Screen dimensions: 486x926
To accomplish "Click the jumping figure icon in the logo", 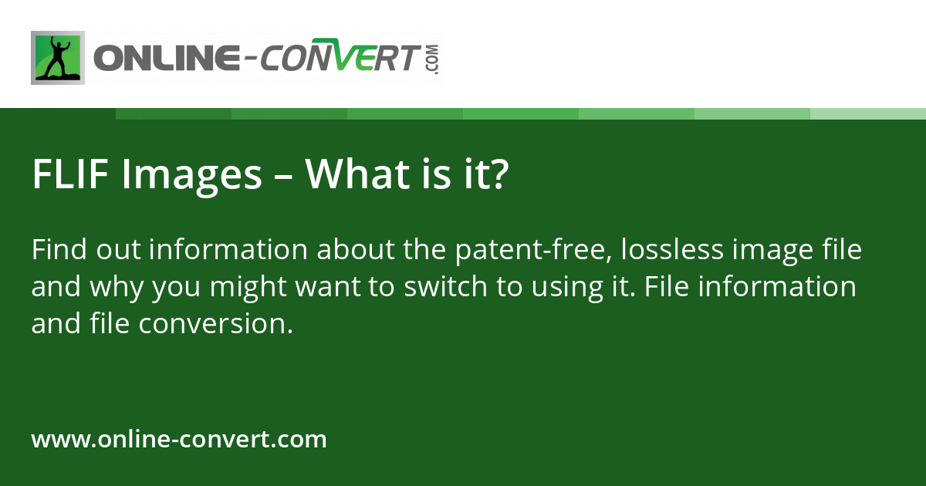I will (x=57, y=58).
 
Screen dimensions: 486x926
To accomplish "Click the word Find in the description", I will (x=59, y=251).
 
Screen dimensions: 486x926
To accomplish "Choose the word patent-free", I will (x=532, y=251).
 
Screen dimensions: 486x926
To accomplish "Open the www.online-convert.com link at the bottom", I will (x=179, y=440).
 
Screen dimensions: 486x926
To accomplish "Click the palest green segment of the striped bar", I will (x=868, y=113).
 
